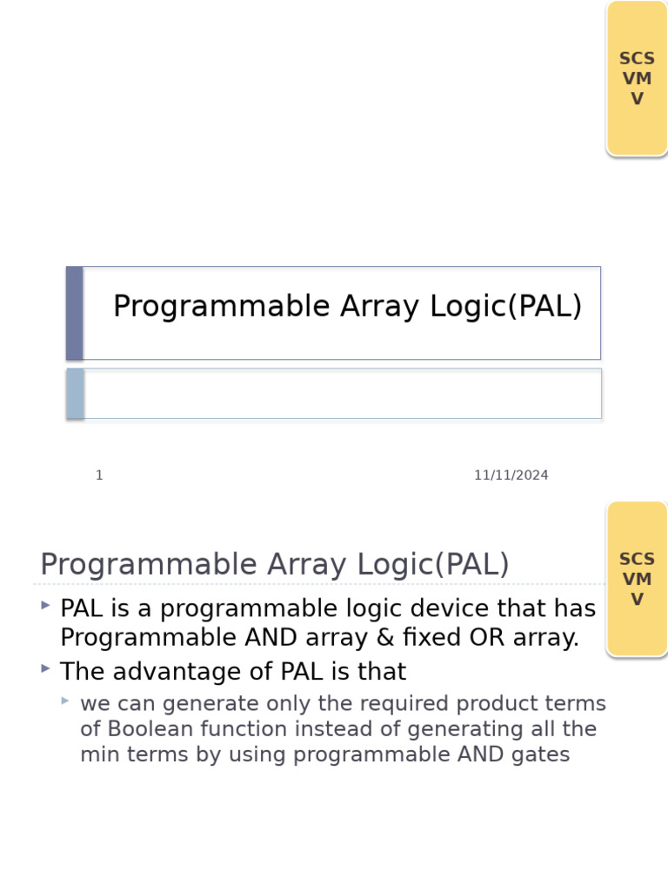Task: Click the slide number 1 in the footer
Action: point(99,475)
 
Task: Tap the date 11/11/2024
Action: point(511,475)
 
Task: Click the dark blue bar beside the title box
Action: point(75,313)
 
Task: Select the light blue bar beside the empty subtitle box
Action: point(76,394)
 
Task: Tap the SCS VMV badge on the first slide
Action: point(637,78)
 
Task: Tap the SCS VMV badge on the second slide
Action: point(637,579)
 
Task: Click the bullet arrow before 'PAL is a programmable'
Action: point(45,604)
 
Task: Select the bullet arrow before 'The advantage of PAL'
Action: point(45,667)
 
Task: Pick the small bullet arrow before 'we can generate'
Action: point(65,700)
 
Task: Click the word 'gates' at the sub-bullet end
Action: point(543,754)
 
